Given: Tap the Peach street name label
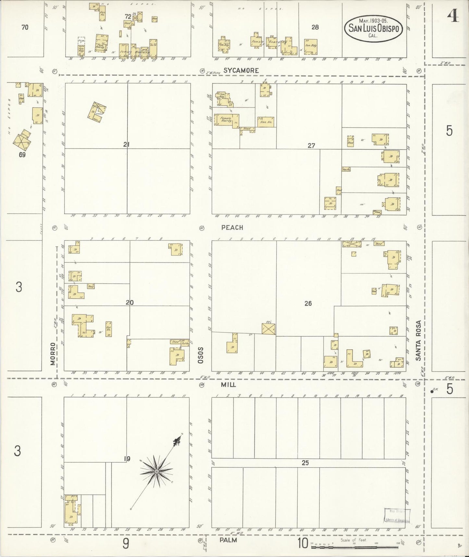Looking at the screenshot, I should pos(232,227).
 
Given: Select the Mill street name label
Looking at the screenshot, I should pos(228,384).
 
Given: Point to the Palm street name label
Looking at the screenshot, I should pos(228,540).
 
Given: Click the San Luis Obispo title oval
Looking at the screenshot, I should pos(373,28).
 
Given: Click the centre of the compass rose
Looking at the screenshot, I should pos(156,471).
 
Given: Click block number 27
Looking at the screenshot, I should pos(311,146).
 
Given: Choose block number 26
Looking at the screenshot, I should pos(308,304).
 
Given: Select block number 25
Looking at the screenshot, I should pos(305,463).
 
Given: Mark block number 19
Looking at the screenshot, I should pos(127,459).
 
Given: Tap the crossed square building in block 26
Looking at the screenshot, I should pos(268,329).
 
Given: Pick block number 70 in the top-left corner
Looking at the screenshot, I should pos(25,27).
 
